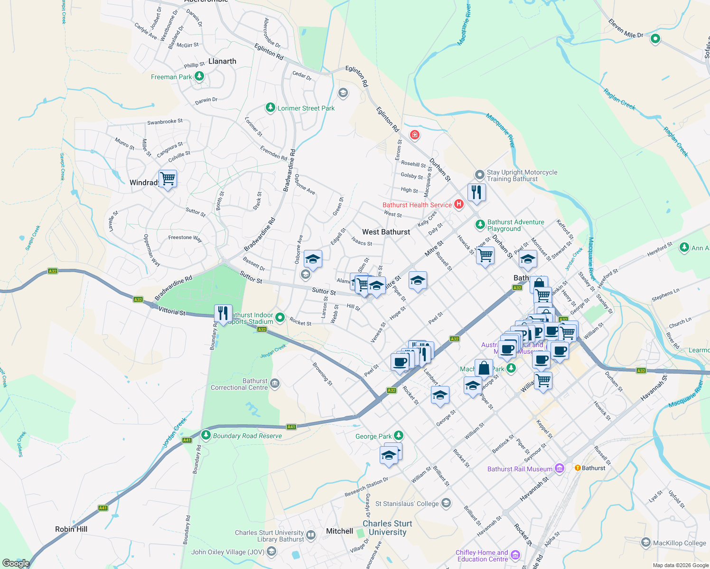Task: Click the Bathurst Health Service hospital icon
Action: (458, 204)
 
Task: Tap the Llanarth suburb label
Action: (222, 61)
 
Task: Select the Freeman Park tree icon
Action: (199, 76)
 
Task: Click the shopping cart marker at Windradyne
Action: (168, 179)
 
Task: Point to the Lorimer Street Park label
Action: (306, 108)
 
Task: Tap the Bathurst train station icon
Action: (578, 468)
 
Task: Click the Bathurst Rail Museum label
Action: (520, 469)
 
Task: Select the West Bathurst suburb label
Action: (386, 232)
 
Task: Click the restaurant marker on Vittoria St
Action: (223, 313)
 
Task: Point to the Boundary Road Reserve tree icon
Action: (206, 434)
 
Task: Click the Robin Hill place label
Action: (71, 529)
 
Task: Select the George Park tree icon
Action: (399, 435)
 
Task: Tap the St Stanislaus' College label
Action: (407, 504)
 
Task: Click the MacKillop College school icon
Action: (645, 542)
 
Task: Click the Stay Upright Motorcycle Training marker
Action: (480, 175)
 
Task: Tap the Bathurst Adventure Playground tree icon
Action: (480, 224)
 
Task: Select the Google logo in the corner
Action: (16, 563)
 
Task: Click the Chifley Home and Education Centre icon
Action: (515, 555)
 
